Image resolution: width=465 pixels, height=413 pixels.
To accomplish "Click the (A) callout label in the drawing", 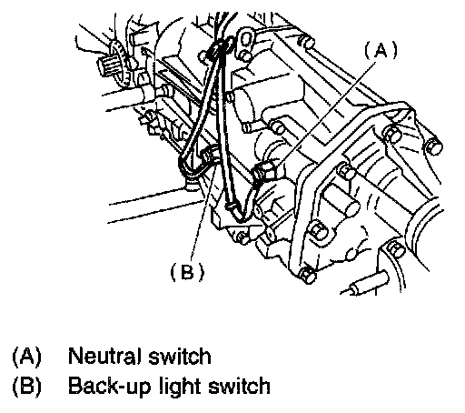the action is click(381, 50).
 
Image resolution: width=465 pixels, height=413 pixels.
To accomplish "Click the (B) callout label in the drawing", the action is click(187, 271).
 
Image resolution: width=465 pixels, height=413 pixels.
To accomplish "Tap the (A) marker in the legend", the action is click(26, 357).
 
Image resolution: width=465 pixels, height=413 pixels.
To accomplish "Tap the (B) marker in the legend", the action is click(26, 387).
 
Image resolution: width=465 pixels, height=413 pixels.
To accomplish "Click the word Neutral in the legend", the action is click(104, 356).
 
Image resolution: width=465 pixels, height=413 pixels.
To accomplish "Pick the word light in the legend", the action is click(181, 387).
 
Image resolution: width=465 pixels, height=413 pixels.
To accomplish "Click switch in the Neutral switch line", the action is click(180, 356).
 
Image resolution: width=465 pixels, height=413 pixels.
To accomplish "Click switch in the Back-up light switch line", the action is click(239, 386).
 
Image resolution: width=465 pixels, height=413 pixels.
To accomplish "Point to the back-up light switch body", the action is click(209, 155).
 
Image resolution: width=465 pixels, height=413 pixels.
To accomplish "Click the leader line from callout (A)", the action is click(325, 112).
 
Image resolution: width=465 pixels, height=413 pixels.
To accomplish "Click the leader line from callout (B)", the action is click(203, 211).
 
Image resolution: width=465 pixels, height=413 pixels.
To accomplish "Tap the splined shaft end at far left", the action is click(108, 65).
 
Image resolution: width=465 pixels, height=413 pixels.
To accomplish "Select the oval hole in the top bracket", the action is click(248, 39).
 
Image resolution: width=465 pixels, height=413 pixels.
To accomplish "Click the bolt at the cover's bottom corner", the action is click(308, 275).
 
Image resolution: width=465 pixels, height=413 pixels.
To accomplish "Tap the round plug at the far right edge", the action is click(433, 147).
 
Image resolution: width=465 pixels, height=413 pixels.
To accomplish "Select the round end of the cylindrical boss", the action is click(351, 207).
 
